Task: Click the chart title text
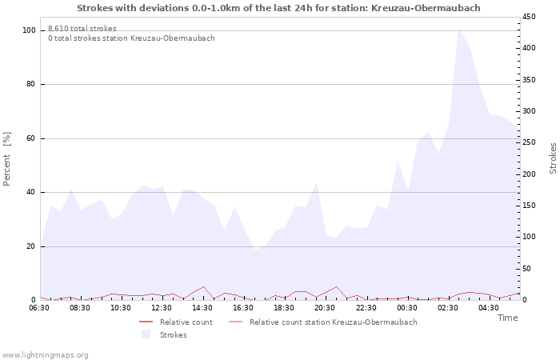pyautogui.click(x=279, y=8)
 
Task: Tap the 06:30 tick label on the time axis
pyautogui.click(x=39, y=307)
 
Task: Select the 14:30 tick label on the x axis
pyautogui.click(x=202, y=307)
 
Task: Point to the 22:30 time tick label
pyautogui.click(x=366, y=307)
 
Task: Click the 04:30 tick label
pyautogui.click(x=489, y=307)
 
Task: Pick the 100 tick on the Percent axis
pyautogui.click(x=29, y=30)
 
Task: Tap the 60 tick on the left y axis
pyautogui.click(x=31, y=138)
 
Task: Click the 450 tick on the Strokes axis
pyautogui.click(x=530, y=17)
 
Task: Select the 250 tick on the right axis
pyautogui.click(x=530, y=142)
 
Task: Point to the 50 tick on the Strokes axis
pyautogui.click(x=527, y=269)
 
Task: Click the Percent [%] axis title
pyautogui.click(x=7, y=158)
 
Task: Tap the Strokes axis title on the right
pyautogui.click(x=553, y=158)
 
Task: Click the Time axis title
pyautogui.click(x=507, y=318)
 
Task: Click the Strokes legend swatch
pyautogui.click(x=146, y=334)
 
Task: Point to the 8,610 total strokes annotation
pyautogui.click(x=82, y=29)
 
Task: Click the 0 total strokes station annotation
pyautogui.click(x=131, y=38)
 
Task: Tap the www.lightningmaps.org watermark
pyautogui.click(x=45, y=354)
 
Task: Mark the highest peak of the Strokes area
pyautogui.click(x=458, y=30)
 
